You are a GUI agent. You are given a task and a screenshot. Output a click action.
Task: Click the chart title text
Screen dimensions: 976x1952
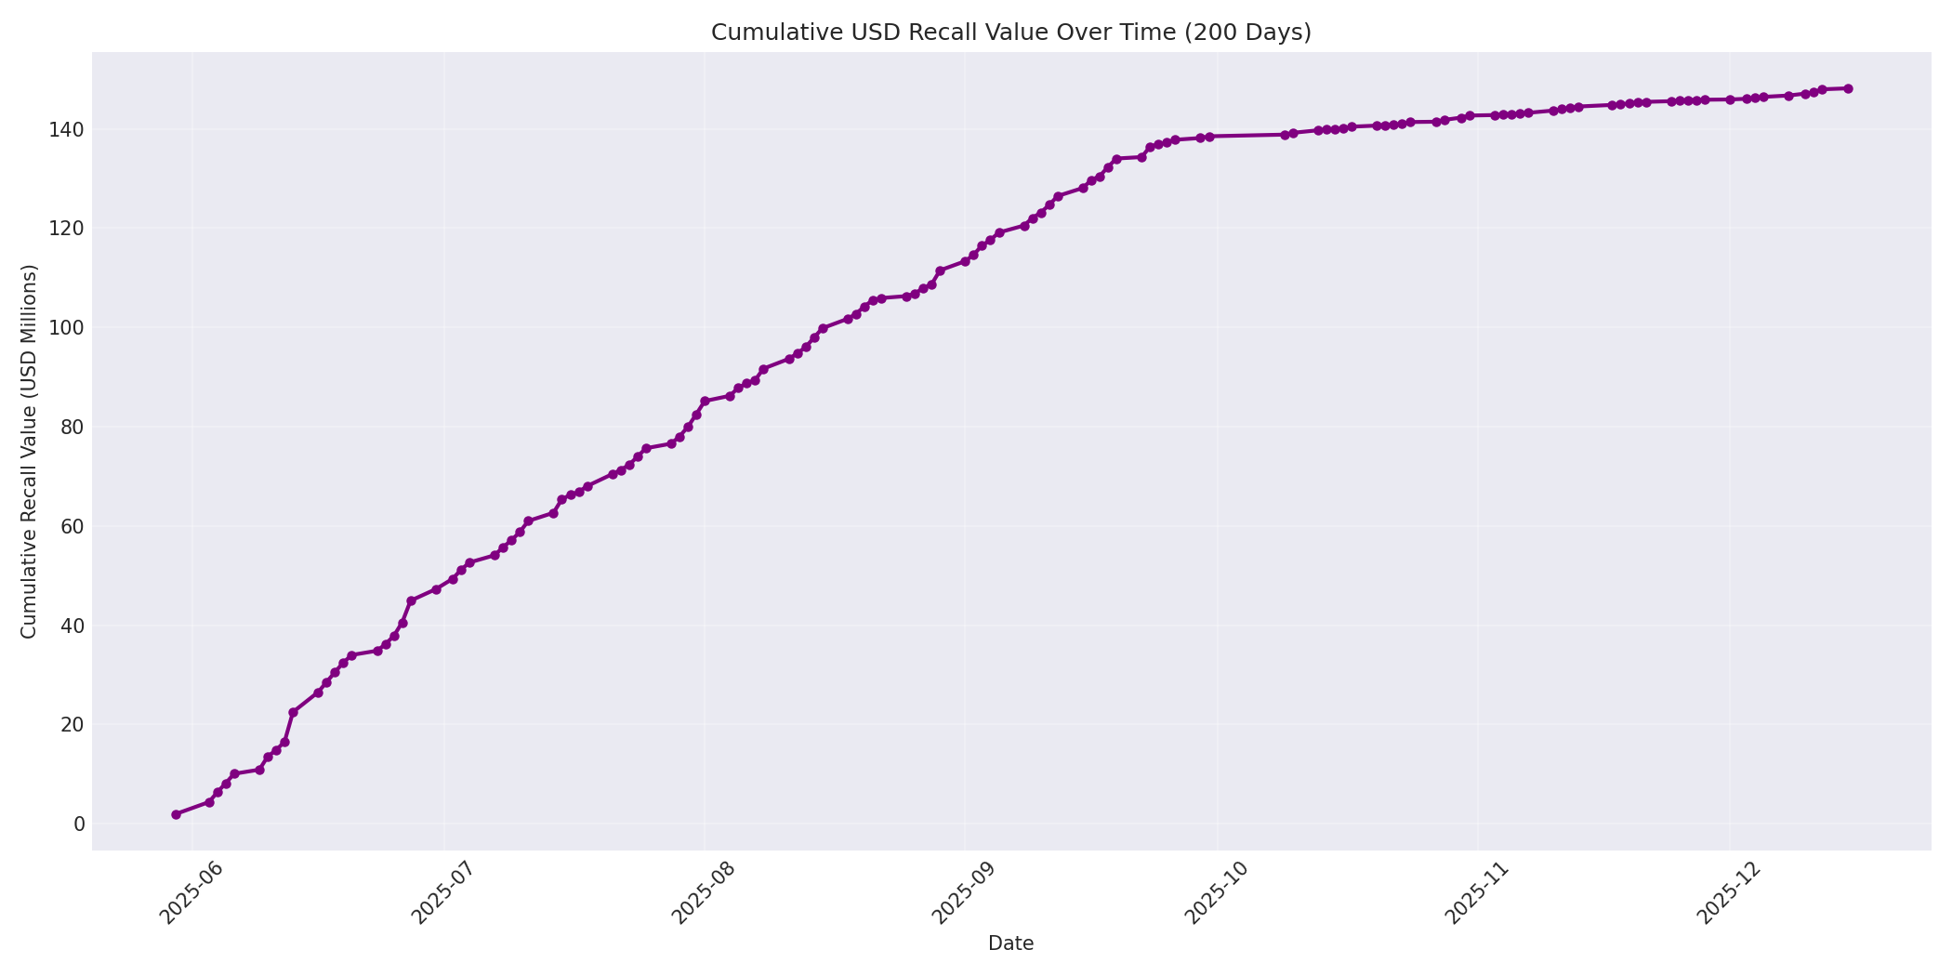pyautogui.click(x=1010, y=33)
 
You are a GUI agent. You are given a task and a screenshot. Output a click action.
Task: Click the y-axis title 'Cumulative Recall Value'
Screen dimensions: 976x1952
pyautogui.click(x=30, y=452)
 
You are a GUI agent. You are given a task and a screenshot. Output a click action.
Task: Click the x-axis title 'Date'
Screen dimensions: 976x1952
pyautogui.click(x=1010, y=944)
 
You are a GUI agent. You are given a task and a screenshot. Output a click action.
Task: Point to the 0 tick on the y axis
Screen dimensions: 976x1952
pyautogui.click(x=79, y=824)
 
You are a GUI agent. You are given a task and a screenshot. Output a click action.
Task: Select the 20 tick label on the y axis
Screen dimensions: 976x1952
pyautogui.click(x=73, y=725)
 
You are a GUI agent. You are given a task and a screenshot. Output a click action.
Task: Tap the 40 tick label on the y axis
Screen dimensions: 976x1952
pyautogui.click(x=73, y=626)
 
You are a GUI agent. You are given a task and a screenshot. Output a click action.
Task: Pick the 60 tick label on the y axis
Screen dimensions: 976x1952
pyautogui.click(x=73, y=526)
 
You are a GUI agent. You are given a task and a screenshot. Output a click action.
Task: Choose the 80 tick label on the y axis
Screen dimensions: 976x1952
pyautogui.click(x=73, y=428)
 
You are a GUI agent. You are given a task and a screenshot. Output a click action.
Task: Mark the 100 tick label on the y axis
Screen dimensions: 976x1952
pyautogui.click(x=68, y=328)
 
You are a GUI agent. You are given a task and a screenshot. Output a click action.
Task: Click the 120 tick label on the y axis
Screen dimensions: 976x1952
pyautogui.click(x=68, y=229)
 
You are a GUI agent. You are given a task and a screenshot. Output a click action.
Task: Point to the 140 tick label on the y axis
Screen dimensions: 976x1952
pyautogui.click(x=68, y=129)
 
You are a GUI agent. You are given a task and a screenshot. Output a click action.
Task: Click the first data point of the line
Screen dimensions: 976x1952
pyautogui.click(x=176, y=814)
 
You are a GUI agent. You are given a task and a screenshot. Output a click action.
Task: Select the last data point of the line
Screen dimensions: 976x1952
pyautogui.click(x=1848, y=89)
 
